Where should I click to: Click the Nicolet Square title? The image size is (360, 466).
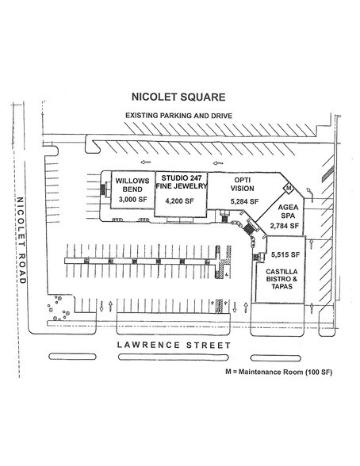coord(178,97)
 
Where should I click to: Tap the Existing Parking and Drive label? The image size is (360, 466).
coord(178,116)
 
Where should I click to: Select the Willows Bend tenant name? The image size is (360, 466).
coord(132,185)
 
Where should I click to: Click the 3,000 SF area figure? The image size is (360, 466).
coord(133,199)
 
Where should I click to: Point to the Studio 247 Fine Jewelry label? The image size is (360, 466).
coord(181,182)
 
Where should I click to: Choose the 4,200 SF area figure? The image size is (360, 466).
coord(179,201)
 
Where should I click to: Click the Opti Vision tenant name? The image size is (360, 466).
coord(243,184)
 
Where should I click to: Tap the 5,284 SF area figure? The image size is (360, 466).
coord(244,201)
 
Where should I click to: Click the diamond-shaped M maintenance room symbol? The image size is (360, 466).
coord(289,188)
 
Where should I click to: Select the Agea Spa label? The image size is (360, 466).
coord(288,212)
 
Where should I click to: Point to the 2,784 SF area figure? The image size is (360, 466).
coord(284,226)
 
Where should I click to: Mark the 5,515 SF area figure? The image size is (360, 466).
coord(285,254)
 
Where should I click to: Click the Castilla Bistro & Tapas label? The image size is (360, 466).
coord(281,279)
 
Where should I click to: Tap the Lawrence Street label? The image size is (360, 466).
coord(174,345)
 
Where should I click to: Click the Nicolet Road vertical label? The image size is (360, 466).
coord(21,240)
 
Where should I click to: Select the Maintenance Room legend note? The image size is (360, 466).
coord(278,372)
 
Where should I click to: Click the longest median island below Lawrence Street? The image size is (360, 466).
coord(174,357)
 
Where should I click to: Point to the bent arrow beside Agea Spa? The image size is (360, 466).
coord(310,194)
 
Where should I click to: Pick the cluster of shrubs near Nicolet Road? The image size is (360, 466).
coord(58,307)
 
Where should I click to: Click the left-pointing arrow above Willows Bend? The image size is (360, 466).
coord(146,162)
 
